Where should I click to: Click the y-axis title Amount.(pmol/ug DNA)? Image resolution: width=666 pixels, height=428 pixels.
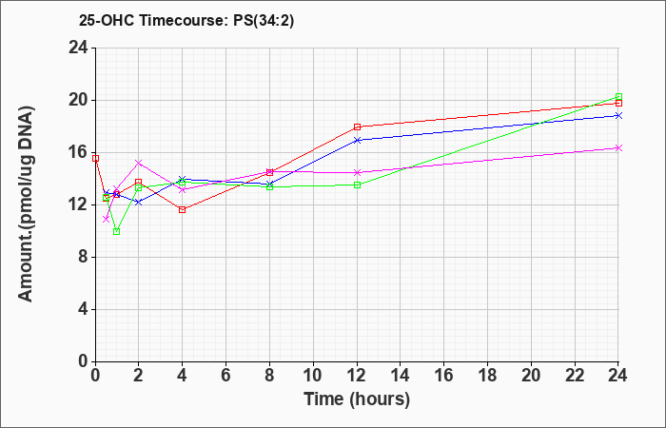point(27,204)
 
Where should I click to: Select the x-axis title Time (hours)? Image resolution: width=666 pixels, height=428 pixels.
point(357,399)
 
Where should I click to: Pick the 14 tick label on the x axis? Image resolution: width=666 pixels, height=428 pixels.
point(401,375)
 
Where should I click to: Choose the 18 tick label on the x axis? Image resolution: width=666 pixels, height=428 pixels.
point(487,375)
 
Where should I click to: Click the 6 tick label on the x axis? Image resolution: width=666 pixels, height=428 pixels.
point(226,375)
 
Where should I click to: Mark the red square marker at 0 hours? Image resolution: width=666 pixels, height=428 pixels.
point(95,159)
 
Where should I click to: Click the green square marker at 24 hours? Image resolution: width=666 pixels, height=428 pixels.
point(618,96)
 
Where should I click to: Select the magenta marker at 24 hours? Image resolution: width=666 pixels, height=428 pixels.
point(618,147)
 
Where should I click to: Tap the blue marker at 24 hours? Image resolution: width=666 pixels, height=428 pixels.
point(618,115)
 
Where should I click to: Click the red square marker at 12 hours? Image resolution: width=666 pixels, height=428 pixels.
point(357,126)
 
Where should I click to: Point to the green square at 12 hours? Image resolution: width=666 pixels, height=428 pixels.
point(357,185)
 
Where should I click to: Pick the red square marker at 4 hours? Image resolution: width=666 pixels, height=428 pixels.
point(183,209)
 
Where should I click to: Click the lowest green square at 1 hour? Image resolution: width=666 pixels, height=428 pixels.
point(116,231)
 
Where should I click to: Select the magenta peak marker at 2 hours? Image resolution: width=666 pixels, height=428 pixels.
point(139,163)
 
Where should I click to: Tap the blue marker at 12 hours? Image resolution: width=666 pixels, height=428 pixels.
point(357,140)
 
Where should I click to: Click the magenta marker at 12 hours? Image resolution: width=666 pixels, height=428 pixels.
point(357,172)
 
